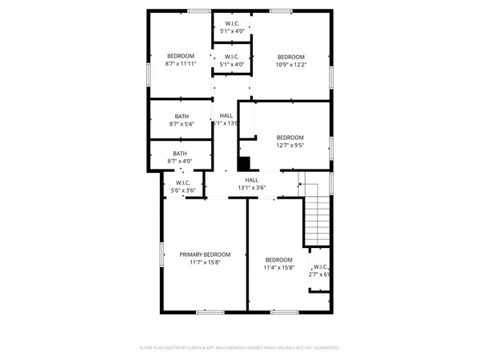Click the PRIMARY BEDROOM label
[x=205, y=254]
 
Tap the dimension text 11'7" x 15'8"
[x=205, y=262]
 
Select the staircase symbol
[x=318, y=216]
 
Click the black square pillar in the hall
[x=243, y=162]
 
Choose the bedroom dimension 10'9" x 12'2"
[x=290, y=64]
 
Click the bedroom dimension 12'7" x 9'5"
[x=290, y=145]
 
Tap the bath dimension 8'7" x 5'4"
[x=182, y=124]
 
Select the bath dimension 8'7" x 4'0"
[x=181, y=161]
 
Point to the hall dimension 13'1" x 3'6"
[x=251, y=188]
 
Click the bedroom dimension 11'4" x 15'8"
[x=279, y=267]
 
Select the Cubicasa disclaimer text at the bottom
[x=240, y=348]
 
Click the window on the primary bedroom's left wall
[x=161, y=254]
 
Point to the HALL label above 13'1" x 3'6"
[x=251, y=180]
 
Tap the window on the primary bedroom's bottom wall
[x=208, y=311]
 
